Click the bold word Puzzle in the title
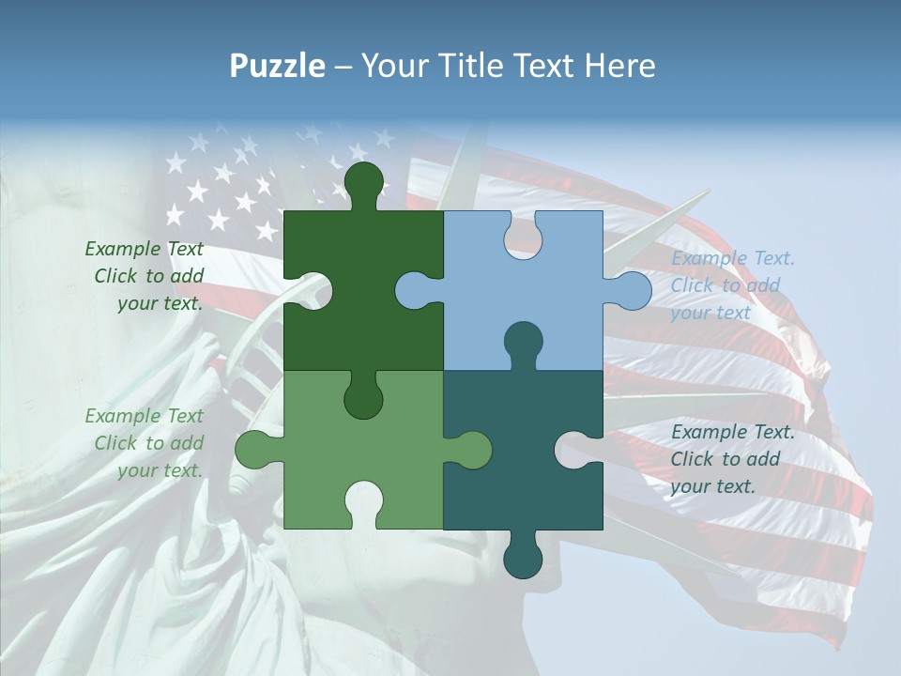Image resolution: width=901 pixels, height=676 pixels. tap(277, 66)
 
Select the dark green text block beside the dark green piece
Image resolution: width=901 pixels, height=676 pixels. tap(145, 276)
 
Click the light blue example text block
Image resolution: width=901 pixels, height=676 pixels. tap(732, 285)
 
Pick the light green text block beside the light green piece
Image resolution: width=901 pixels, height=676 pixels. tap(145, 443)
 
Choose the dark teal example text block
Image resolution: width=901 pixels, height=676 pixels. tap(732, 459)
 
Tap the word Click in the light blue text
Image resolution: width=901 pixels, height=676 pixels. tap(693, 285)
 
